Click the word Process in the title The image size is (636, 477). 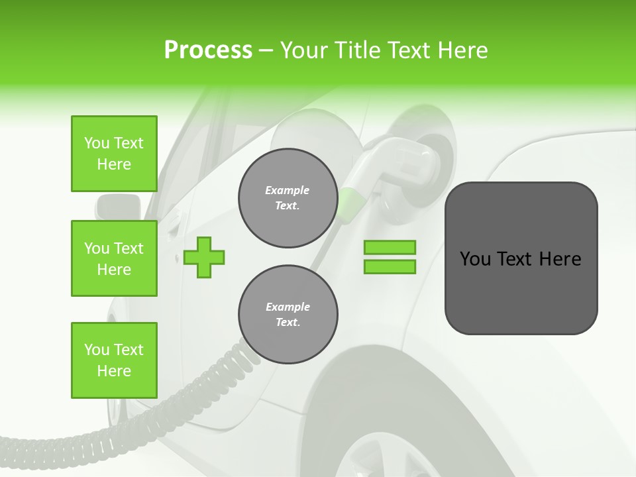pos(208,50)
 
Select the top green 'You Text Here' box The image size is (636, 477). pos(114,154)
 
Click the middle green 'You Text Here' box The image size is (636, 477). pos(114,258)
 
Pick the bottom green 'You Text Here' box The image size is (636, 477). pos(114,360)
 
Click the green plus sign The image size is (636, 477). pos(204,257)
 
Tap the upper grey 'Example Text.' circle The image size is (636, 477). pos(288,198)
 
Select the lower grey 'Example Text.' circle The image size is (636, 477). pos(288,315)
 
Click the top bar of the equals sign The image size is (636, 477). pos(390,248)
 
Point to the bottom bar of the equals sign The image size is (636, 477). pos(390,266)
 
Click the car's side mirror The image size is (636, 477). pos(117,206)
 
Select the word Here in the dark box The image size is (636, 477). pos(560,259)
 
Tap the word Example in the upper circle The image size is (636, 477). pos(288,190)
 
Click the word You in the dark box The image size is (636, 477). pos(475,259)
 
